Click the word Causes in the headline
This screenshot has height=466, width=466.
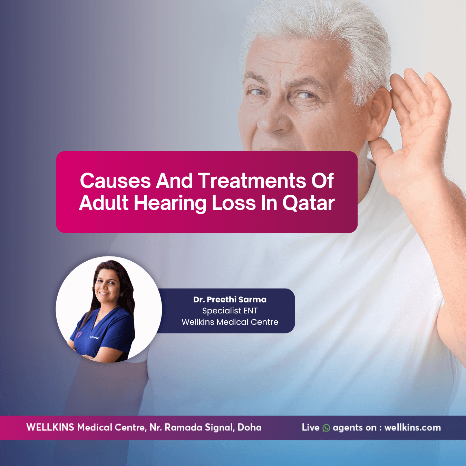pyautogui.click(x=115, y=181)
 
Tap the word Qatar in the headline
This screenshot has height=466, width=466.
pyautogui.click(x=309, y=202)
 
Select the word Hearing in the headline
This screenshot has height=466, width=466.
pyautogui.click(x=170, y=203)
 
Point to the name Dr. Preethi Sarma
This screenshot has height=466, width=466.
pyautogui.click(x=230, y=300)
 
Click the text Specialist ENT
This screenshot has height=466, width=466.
pyautogui.click(x=230, y=311)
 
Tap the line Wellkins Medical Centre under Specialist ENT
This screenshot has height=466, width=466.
pyautogui.click(x=230, y=322)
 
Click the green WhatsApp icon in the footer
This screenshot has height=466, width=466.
pyautogui.click(x=326, y=428)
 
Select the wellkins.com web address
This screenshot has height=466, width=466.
pyautogui.click(x=412, y=428)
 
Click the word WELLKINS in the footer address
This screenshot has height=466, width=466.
pyautogui.click(x=50, y=427)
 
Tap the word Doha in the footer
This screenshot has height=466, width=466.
pyautogui.click(x=249, y=427)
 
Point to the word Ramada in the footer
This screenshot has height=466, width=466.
pyautogui.click(x=184, y=427)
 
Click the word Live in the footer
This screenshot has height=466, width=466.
pyautogui.click(x=311, y=427)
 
